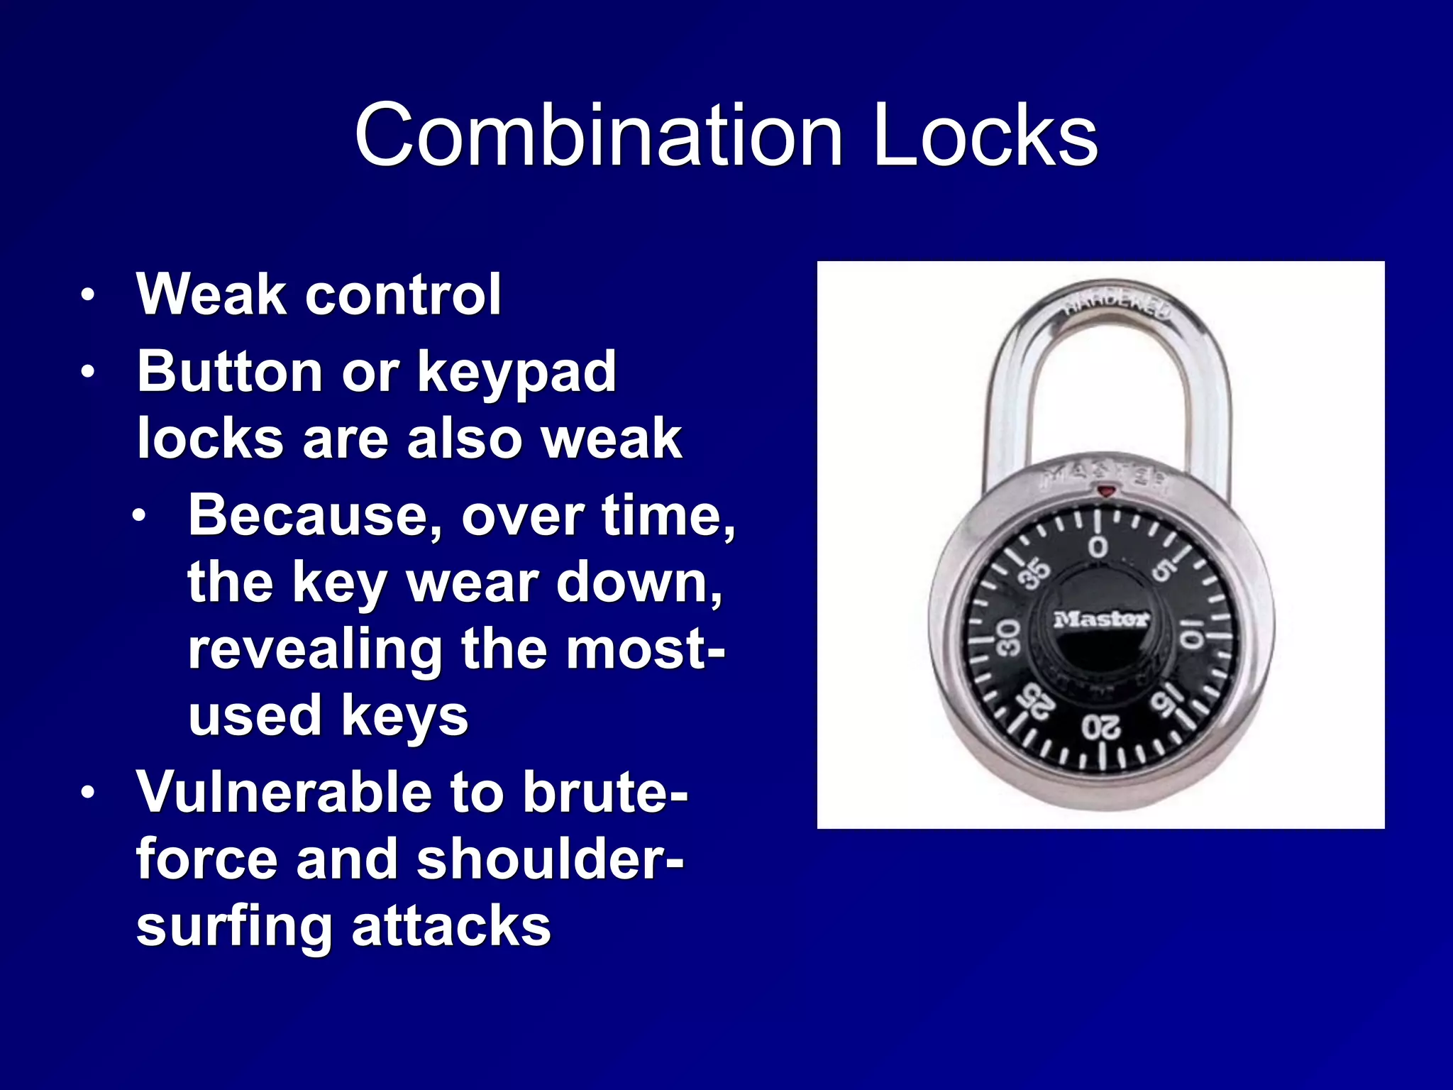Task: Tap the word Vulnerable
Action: [x=284, y=792]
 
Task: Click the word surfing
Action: [x=234, y=927]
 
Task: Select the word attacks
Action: [x=451, y=927]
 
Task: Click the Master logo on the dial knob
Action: [x=1100, y=620]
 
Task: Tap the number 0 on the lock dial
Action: [x=1098, y=547]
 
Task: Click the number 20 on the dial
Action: [x=1101, y=727]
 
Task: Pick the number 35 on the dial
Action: [x=1035, y=573]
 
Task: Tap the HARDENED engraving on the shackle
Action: [x=1117, y=304]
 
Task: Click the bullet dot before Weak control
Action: [x=87, y=295]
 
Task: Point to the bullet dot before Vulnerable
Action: [x=87, y=793]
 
